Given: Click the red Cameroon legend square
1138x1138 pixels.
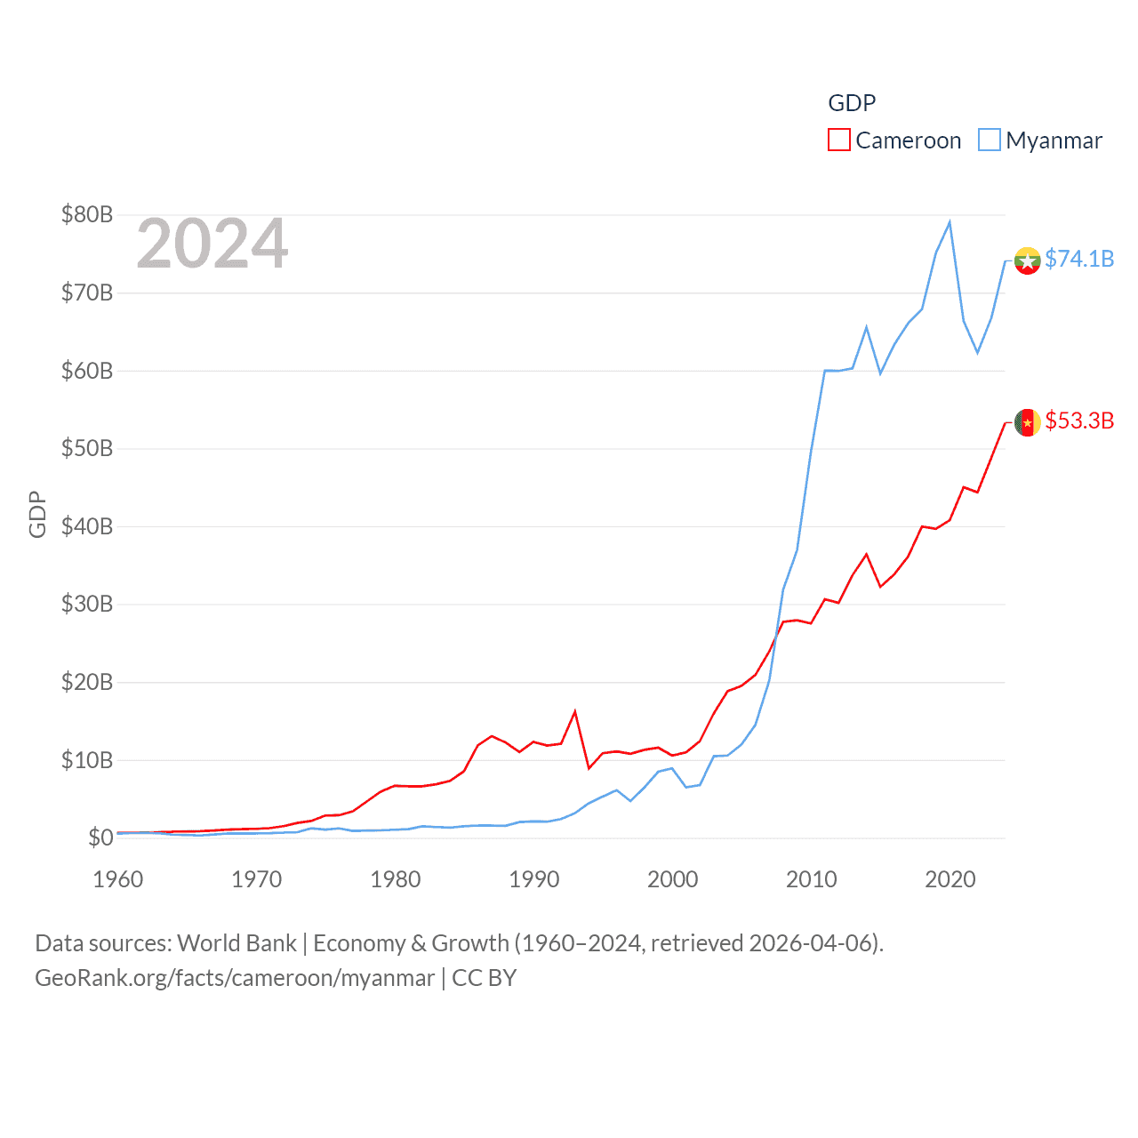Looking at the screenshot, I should click(x=839, y=140).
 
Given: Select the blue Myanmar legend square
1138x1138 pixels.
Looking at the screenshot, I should click(x=990, y=140).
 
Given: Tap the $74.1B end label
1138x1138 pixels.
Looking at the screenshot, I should click(x=1079, y=259).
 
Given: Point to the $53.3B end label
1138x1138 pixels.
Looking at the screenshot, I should click(x=1079, y=421).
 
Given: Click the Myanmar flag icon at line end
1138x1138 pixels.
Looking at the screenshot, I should click(x=1028, y=260).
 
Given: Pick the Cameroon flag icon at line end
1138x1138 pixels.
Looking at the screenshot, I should click(x=1028, y=422).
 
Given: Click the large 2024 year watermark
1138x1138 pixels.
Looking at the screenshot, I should click(x=212, y=244).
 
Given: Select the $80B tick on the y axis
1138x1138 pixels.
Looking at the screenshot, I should click(x=87, y=214).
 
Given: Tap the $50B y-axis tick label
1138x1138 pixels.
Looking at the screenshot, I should click(x=87, y=448).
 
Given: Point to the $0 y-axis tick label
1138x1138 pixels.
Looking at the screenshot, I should click(x=100, y=837).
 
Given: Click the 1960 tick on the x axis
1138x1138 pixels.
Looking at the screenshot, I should click(x=118, y=879).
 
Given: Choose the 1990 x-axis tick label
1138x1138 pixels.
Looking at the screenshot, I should click(x=534, y=879).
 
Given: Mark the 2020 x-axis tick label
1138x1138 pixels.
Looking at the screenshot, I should click(x=950, y=879).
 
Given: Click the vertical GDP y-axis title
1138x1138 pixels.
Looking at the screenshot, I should click(x=37, y=514).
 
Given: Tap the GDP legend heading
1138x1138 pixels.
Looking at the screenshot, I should click(x=852, y=103).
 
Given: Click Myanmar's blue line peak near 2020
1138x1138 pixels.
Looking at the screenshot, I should click(x=950, y=222).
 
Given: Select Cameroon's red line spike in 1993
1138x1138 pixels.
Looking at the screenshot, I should click(x=575, y=711).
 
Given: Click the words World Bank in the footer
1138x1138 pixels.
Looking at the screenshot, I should click(x=237, y=943).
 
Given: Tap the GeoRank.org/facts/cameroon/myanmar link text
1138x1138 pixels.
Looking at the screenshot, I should click(x=235, y=978).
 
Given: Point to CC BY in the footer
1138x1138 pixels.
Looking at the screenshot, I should click(x=484, y=978).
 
